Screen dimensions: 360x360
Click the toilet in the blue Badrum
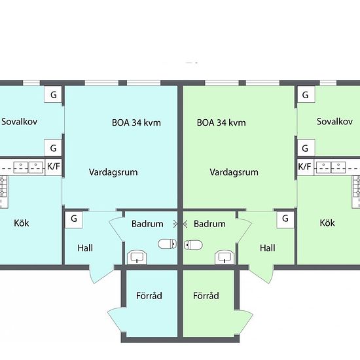tap(167, 244)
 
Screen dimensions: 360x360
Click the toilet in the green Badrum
tap(193, 245)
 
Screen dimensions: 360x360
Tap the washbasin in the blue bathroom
tap(137, 257)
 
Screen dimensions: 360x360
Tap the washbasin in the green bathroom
tap(225, 257)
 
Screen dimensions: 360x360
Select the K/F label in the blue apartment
tap(54, 166)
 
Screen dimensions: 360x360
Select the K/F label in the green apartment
tap(304, 166)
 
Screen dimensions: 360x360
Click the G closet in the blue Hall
tap(74, 219)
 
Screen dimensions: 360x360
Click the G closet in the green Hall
tap(285, 219)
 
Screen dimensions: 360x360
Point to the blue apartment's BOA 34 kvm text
tap(136, 122)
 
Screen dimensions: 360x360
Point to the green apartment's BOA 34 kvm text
tap(221, 122)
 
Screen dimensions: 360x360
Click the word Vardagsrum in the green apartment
tap(234, 172)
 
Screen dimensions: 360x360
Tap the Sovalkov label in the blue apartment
tap(20, 122)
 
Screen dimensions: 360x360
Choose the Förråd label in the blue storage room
tap(149, 295)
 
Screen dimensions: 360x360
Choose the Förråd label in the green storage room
tap(206, 295)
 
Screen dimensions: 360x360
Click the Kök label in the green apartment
tap(327, 223)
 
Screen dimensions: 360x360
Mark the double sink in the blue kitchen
tap(28, 168)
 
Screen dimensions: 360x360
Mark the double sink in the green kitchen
tap(331, 168)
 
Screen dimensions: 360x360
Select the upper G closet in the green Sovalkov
tap(306, 94)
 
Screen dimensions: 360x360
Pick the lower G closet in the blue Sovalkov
tap(53, 147)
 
